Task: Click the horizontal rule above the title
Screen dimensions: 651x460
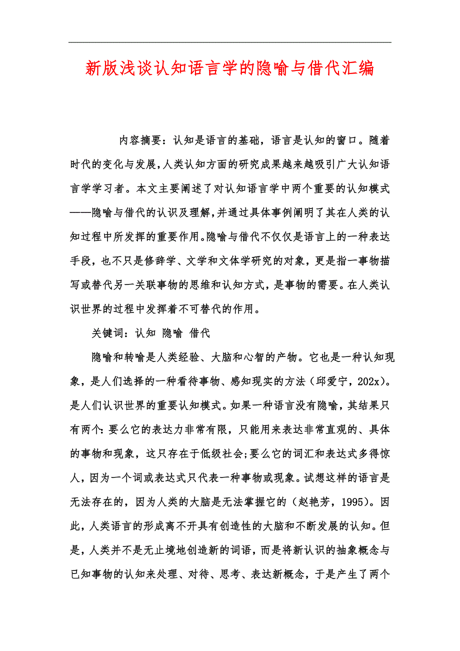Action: click(229, 42)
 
